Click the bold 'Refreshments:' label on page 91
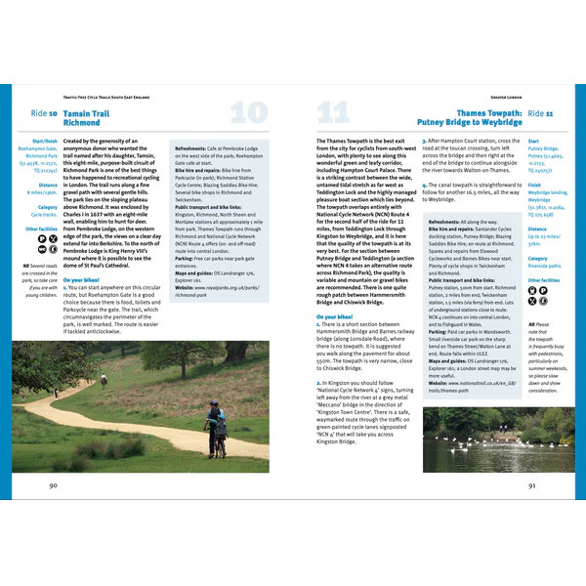[445, 223]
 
